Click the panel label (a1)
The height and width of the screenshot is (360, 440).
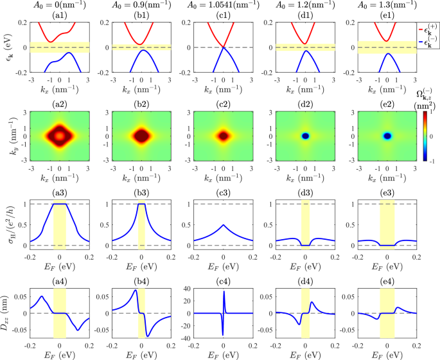59,16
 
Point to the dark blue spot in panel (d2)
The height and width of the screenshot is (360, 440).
305,136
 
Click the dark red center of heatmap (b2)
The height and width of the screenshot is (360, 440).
141,136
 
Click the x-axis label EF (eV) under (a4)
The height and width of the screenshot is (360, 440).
59,353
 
